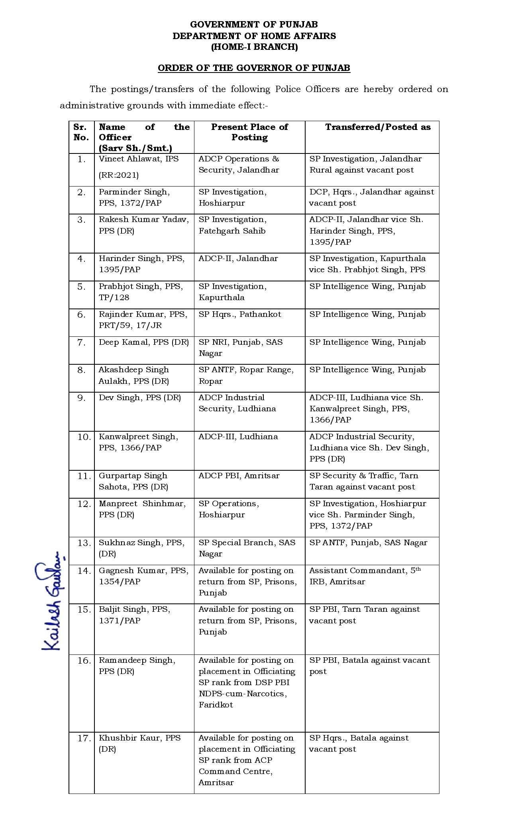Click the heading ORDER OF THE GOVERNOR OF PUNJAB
click(254, 68)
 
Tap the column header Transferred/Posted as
click(378, 127)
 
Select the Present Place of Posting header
click(249, 132)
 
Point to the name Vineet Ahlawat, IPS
click(139, 159)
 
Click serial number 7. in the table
click(82, 343)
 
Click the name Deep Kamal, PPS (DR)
click(144, 342)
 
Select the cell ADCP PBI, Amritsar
click(239, 476)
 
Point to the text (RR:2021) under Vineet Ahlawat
click(119, 175)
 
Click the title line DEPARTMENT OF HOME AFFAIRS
click(254, 36)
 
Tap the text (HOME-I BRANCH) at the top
click(254, 47)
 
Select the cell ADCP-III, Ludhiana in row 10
click(238, 437)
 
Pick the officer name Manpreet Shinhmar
click(142, 504)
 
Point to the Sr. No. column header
click(81, 132)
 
